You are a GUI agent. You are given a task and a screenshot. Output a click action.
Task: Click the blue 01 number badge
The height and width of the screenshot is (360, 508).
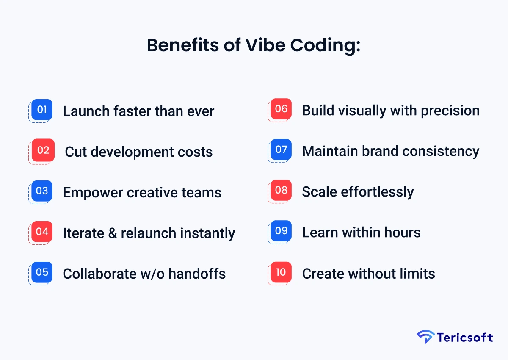(x=42, y=110)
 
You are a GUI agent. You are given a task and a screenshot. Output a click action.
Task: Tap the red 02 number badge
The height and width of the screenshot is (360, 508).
(x=43, y=150)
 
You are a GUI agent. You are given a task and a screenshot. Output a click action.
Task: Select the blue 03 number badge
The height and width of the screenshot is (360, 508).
(x=42, y=191)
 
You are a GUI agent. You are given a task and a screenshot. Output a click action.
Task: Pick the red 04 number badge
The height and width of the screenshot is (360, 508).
(x=42, y=232)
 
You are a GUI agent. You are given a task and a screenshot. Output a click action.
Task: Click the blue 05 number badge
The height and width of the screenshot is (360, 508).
(x=42, y=272)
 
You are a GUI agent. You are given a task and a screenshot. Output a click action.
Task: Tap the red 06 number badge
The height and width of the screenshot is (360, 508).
(x=281, y=109)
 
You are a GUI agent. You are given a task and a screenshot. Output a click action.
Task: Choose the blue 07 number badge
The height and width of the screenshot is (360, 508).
(x=281, y=150)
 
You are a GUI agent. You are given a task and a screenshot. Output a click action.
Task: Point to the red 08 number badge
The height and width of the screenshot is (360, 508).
(x=281, y=190)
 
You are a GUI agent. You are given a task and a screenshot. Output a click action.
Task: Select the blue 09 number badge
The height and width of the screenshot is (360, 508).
(x=281, y=231)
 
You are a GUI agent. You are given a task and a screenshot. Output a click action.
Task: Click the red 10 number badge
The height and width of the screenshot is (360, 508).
(x=281, y=272)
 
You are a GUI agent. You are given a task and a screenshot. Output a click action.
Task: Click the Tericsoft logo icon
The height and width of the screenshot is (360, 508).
(x=425, y=337)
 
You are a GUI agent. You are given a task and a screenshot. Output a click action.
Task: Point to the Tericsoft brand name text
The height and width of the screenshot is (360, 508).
(x=465, y=338)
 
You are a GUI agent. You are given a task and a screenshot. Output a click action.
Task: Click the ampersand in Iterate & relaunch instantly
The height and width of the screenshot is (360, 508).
(x=112, y=233)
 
